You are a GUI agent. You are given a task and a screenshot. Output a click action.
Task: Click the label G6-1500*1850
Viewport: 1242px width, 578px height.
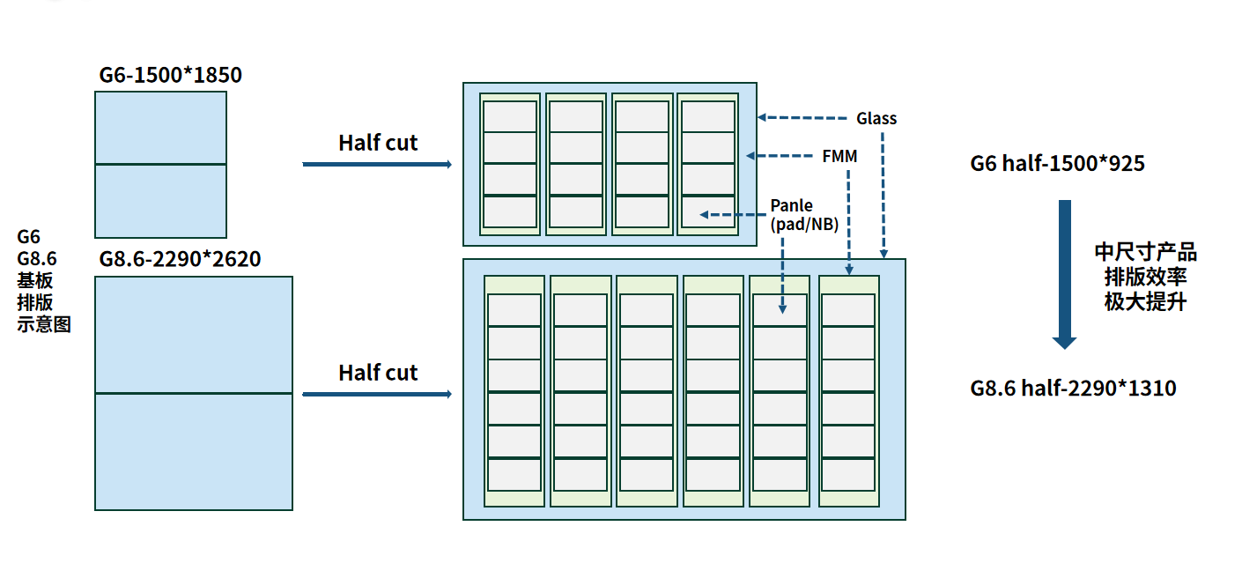[170, 76]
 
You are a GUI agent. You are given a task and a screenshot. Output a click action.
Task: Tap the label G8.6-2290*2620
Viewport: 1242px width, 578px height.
[180, 260]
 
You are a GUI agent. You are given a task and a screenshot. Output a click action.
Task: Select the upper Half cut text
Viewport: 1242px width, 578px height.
[378, 143]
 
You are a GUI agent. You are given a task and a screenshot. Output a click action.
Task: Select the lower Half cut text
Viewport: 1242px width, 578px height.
[378, 373]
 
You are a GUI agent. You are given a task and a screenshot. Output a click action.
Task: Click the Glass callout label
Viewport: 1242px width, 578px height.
[876, 118]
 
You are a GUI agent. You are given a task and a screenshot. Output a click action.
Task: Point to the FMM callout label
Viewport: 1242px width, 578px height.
[839, 157]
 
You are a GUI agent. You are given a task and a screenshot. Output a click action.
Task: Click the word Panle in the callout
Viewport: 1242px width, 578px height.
[792, 206]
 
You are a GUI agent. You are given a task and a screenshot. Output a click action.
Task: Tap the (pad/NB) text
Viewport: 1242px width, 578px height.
[803, 224]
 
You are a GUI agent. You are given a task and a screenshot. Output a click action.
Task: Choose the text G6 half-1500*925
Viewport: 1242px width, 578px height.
[1057, 163]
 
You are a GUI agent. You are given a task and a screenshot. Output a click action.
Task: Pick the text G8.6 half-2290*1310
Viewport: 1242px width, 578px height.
[1073, 389]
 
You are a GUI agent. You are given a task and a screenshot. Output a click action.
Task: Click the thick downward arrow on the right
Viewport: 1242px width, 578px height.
[1065, 273]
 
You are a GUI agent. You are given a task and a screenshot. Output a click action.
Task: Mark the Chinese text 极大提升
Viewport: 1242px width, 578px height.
[1145, 301]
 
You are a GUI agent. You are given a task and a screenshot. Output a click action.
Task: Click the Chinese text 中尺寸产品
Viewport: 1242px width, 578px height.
[1145, 253]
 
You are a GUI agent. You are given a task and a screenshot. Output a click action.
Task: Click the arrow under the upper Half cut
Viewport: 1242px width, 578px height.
[377, 165]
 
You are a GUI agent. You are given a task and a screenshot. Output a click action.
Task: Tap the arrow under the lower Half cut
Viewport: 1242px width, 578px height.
[377, 395]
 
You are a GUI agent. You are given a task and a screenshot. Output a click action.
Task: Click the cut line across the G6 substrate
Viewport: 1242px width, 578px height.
[160, 165]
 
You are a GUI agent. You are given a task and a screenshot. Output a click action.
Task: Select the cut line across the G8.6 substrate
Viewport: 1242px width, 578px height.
[194, 394]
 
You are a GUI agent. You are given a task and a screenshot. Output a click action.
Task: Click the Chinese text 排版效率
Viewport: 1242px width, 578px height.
[1145, 277]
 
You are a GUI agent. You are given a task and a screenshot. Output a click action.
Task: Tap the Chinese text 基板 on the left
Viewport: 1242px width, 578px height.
[35, 281]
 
